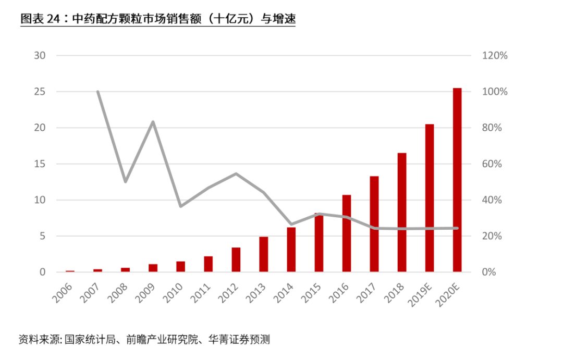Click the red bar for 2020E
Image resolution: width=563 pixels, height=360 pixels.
tap(457, 180)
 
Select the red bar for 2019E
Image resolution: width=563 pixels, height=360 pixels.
tap(429, 198)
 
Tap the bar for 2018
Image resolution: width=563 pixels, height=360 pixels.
tap(401, 213)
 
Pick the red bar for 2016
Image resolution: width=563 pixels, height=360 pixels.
tap(346, 233)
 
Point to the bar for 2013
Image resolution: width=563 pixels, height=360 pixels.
tap(263, 254)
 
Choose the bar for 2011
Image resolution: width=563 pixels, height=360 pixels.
tap(208, 264)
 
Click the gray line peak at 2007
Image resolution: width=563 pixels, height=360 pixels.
tap(98, 92)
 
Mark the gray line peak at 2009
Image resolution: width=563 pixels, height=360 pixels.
tap(153, 121)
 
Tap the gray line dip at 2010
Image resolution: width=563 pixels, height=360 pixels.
tap(180, 206)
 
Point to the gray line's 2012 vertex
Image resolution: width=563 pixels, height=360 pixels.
tap(236, 173)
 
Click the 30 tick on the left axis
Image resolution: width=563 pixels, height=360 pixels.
tap(40, 56)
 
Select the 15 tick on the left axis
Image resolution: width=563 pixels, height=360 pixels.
tap(40, 164)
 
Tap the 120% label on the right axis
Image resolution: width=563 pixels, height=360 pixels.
tap(493, 56)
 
